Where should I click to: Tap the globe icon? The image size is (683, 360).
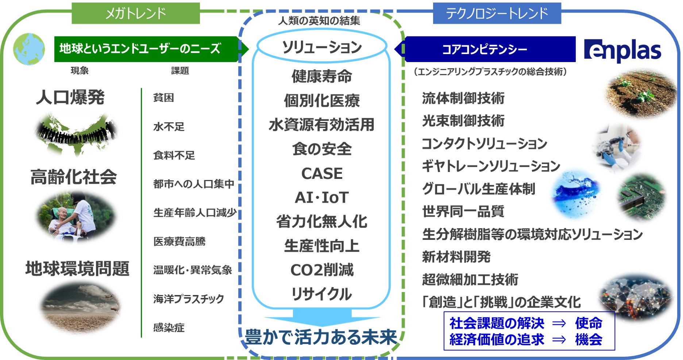coord(29,49)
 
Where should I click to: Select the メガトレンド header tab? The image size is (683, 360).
coord(135,14)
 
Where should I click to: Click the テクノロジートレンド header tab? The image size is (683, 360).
coord(497,14)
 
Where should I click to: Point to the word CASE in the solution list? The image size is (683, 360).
coord(322,173)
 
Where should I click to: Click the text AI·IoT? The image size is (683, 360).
coord(322,198)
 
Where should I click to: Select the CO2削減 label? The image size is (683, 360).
coord(322,270)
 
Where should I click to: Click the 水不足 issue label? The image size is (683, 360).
coord(169,127)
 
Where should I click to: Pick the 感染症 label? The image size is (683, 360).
coord(169,328)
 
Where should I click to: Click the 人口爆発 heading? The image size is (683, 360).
coord(70,97)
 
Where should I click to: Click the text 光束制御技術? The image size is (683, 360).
coord(463,120)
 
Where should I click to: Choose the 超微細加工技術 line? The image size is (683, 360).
coord(470,280)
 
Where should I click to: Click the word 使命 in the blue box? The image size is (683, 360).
coord(588,323)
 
